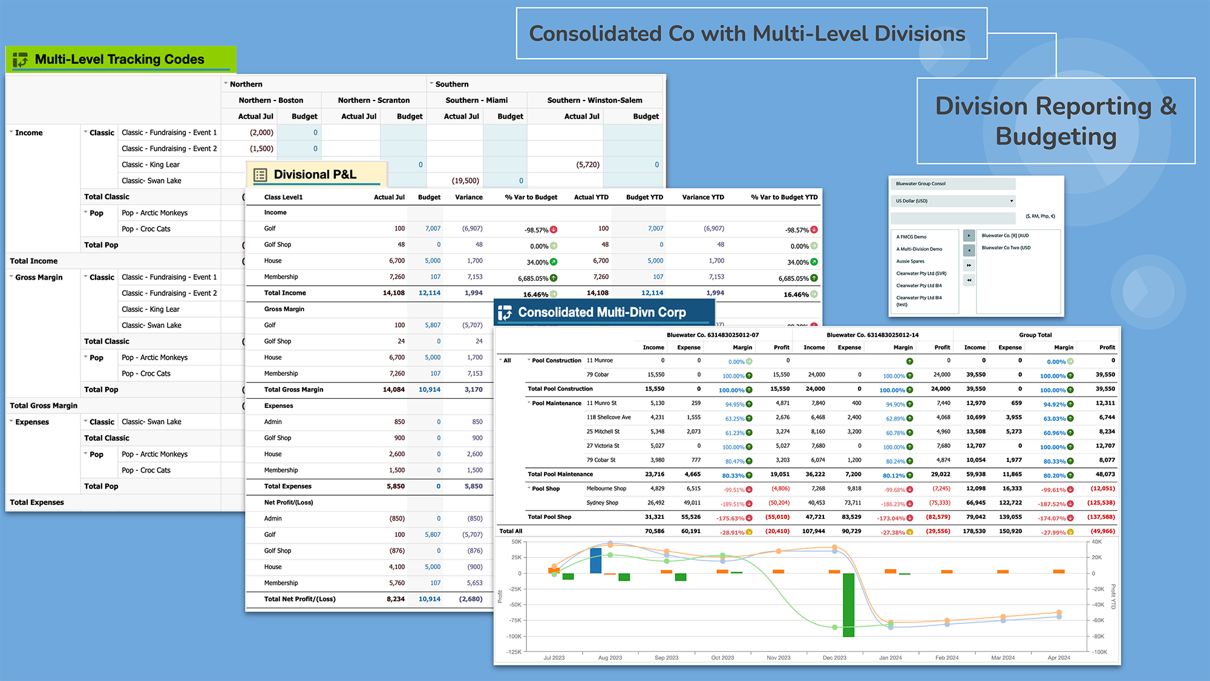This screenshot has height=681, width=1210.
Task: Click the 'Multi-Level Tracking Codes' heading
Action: pyautogui.click(x=120, y=59)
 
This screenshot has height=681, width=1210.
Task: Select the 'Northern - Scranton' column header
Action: pyautogui.click(x=373, y=100)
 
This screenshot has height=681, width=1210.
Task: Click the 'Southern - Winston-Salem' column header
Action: pyautogui.click(x=594, y=100)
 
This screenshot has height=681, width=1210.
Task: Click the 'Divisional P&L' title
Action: pyautogui.click(x=315, y=175)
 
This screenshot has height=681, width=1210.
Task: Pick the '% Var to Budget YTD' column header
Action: pyautogui.click(x=784, y=197)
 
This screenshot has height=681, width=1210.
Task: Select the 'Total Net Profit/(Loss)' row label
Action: pyautogui.click(x=299, y=599)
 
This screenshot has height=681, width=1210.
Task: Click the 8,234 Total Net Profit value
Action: pyautogui.click(x=396, y=599)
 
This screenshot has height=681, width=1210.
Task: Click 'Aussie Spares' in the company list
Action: pyautogui.click(x=910, y=262)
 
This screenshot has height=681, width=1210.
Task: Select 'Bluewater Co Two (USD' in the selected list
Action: pyautogui.click(x=1006, y=248)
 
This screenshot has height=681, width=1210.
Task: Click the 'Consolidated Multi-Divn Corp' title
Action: pyautogui.click(x=601, y=312)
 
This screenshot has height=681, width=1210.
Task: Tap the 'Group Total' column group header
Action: pyautogui.click(x=1035, y=335)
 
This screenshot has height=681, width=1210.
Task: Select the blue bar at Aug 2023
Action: pyautogui.click(x=595, y=560)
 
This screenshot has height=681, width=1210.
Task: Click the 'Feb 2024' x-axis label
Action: pyautogui.click(x=947, y=657)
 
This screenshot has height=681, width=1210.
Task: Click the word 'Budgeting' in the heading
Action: pyautogui.click(x=1056, y=137)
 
